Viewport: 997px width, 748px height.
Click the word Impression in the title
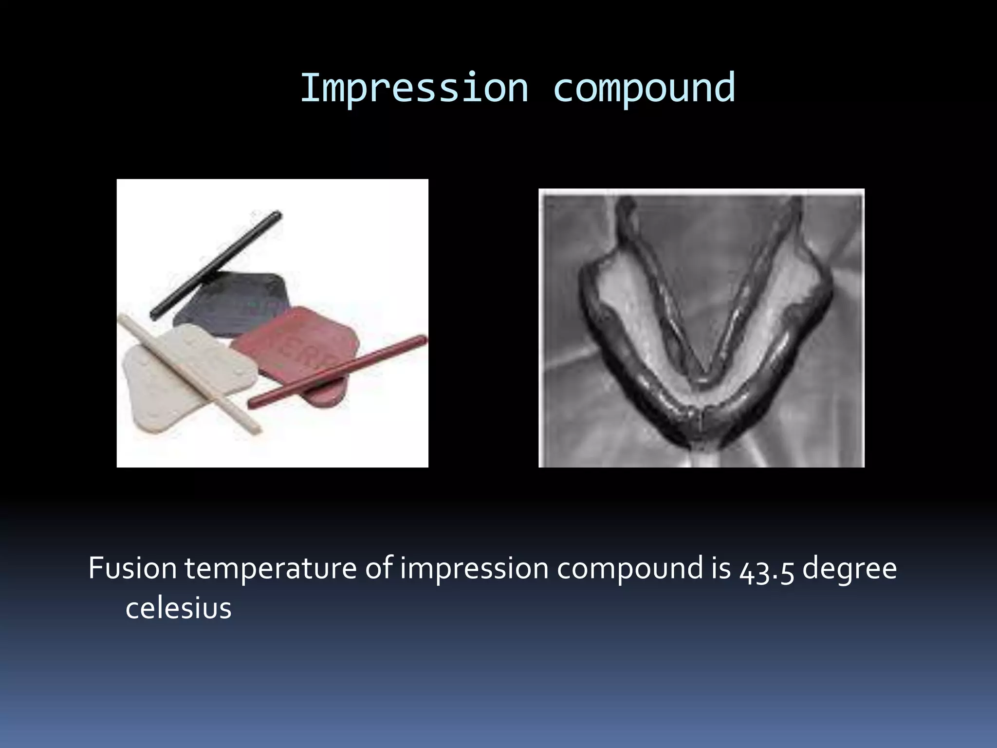coord(414,89)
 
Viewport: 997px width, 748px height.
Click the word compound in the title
coord(644,89)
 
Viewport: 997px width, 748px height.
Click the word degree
coord(849,569)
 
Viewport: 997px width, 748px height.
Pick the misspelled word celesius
coord(178,608)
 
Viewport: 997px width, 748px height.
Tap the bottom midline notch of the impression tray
coord(701,429)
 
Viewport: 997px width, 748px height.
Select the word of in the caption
coord(379,568)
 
